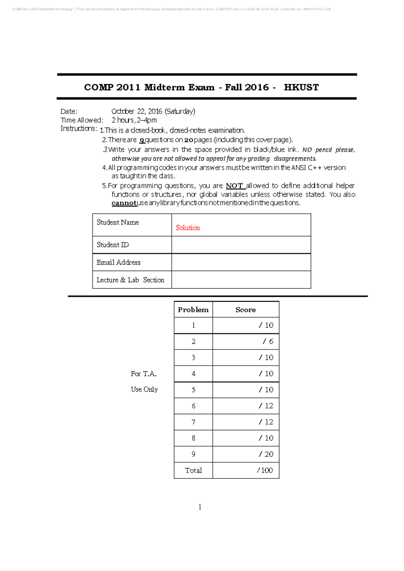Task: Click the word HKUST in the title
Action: [x=301, y=88]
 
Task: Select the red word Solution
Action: [x=188, y=228]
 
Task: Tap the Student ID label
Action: [x=112, y=245]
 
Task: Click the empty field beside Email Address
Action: [x=241, y=262]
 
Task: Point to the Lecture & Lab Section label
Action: [x=130, y=280]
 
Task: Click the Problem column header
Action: [x=193, y=310]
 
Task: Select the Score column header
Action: [x=245, y=310]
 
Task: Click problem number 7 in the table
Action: [x=193, y=422]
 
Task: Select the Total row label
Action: [x=193, y=470]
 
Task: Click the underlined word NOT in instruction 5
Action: [x=234, y=186]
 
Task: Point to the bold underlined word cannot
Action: [x=124, y=203]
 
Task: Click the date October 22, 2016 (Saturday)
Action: [x=153, y=111]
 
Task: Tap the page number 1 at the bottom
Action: [x=200, y=507]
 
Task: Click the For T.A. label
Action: [x=143, y=374]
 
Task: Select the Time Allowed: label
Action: [x=82, y=120]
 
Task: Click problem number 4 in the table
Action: [x=193, y=374]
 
